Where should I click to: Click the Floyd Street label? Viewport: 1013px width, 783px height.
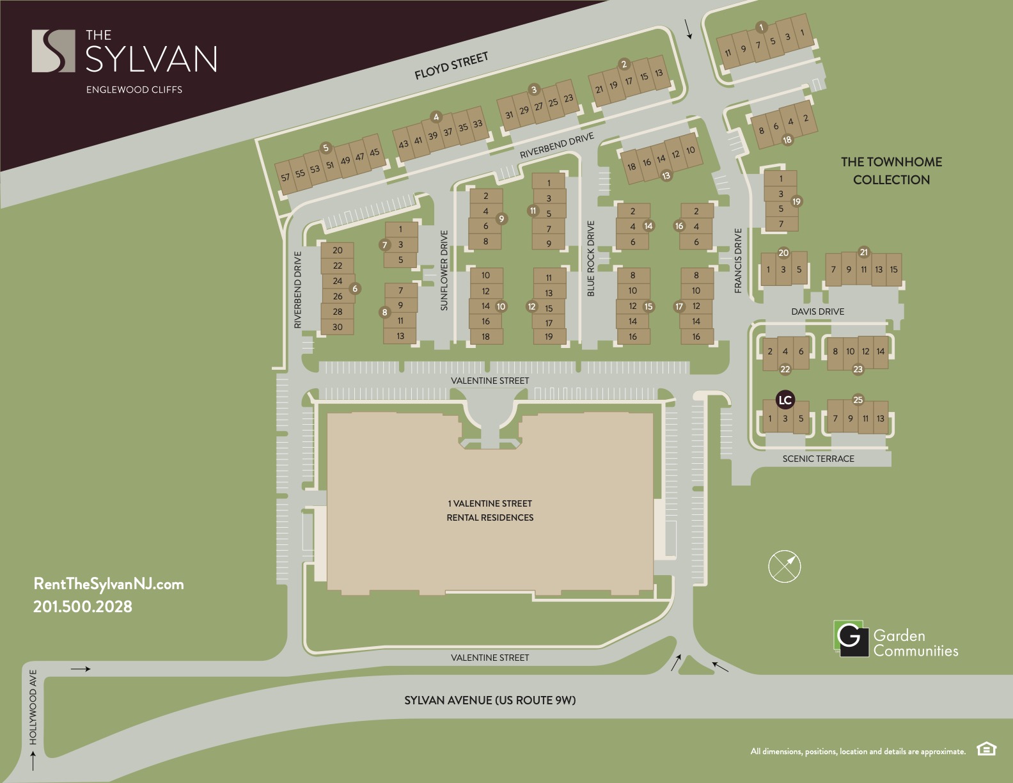point(451,66)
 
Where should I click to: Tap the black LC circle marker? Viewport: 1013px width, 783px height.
point(785,400)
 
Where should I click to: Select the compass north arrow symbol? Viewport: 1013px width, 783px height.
point(785,566)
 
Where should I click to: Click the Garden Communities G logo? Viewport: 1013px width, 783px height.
point(850,638)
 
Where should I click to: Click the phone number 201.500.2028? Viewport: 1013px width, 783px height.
point(82,606)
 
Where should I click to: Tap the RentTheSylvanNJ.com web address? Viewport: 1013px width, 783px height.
point(108,583)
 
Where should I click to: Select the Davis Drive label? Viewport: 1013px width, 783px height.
point(817,312)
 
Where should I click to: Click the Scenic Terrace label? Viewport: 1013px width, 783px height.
point(818,459)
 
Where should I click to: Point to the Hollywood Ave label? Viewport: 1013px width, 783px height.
point(33,707)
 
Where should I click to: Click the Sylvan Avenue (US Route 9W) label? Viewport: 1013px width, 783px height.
point(490,700)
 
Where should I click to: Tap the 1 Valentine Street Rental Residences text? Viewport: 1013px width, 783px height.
point(490,510)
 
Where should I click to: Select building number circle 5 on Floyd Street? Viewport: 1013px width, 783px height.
point(326,148)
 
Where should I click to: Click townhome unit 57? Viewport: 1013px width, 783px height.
point(285,177)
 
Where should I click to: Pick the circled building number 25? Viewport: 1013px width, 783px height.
point(858,400)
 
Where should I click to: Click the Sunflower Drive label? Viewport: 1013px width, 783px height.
point(444,271)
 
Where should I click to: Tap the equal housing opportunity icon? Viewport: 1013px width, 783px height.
point(986,748)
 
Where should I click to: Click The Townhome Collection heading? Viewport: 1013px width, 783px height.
point(891,171)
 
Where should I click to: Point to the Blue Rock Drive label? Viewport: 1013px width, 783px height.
point(591,258)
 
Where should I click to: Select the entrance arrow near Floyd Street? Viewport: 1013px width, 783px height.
point(689,29)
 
